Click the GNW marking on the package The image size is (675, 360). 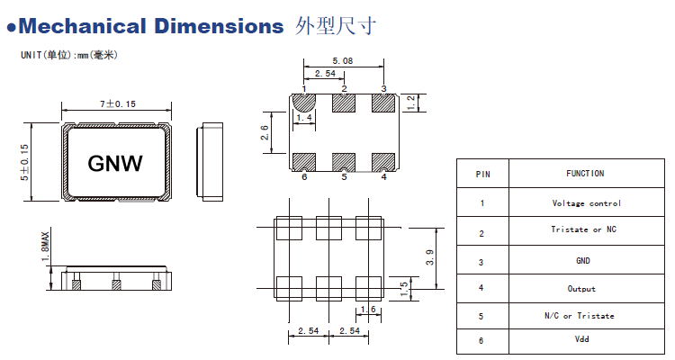(x=114, y=163)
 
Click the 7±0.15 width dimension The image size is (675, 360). (x=117, y=105)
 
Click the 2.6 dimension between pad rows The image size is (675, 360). (x=265, y=133)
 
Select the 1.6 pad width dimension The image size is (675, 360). (x=366, y=310)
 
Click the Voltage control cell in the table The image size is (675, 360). (x=586, y=203)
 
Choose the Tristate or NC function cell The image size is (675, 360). (x=586, y=229)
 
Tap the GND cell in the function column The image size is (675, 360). (x=586, y=261)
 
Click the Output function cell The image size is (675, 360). (x=586, y=289)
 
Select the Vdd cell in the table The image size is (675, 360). (x=586, y=342)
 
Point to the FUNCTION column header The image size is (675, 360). (x=586, y=174)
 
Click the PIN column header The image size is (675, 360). (x=482, y=174)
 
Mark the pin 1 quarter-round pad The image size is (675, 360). (x=302, y=102)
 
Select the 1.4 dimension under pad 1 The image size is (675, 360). (x=304, y=118)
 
